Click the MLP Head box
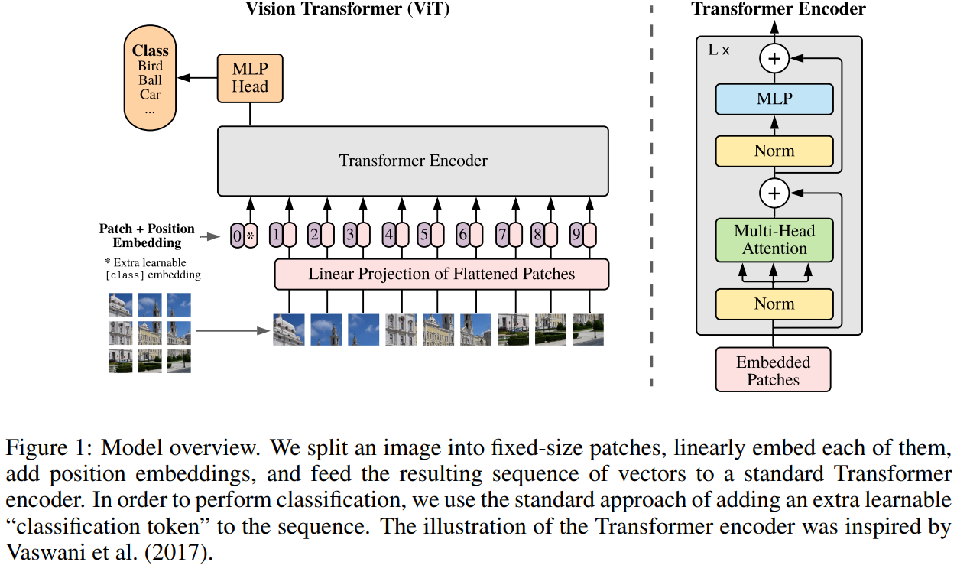pyautogui.click(x=250, y=78)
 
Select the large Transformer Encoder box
pyautogui.click(x=413, y=161)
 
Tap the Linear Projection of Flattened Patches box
pyautogui.click(x=441, y=274)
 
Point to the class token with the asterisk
pyautogui.click(x=250, y=236)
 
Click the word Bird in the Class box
pyautogui.click(x=151, y=66)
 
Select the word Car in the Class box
pyautogui.click(x=151, y=95)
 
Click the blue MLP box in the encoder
pyautogui.click(x=774, y=99)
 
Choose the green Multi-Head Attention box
pyautogui.click(x=774, y=239)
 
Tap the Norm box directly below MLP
pyautogui.click(x=774, y=151)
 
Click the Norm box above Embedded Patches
pyautogui.click(x=774, y=304)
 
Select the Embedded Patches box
pyautogui.click(x=773, y=370)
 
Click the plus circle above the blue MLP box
pyautogui.click(x=774, y=57)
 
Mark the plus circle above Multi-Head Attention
pyautogui.click(x=774, y=193)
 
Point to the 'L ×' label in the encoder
pyautogui.click(x=719, y=50)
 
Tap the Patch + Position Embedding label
pyautogui.click(x=147, y=236)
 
